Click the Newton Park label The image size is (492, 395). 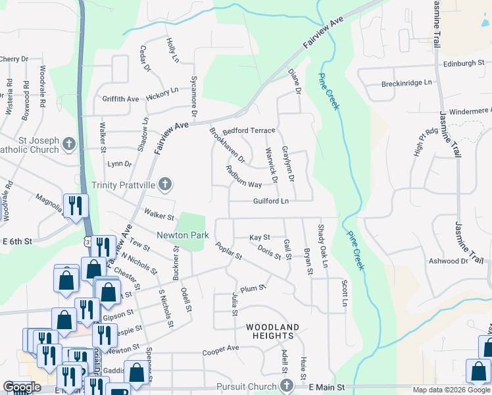[x=182, y=235]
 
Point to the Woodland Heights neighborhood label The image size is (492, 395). [x=272, y=331]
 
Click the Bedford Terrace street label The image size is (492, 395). [x=248, y=131]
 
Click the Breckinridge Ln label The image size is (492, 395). [x=406, y=84]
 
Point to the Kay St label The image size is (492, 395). [x=260, y=237]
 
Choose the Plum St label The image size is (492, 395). [x=253, y=288]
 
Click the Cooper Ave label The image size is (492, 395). [x=220, y=349]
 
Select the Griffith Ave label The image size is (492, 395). [x=120, y=99]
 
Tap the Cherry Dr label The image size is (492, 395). [x=14, y=59]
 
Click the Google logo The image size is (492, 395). [x=22, y=388]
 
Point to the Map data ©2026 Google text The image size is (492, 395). [x=451, y=390]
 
